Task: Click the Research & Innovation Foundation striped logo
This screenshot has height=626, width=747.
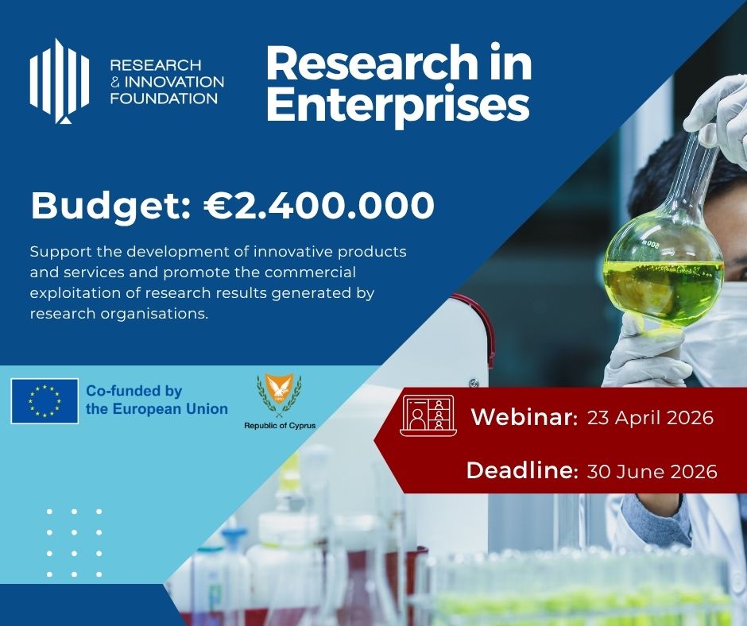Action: coord(60,81)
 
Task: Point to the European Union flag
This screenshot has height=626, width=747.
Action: coord(45,401)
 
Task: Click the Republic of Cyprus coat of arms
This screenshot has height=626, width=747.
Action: coord(279,395)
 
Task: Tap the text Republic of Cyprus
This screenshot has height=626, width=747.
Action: coord(280,426)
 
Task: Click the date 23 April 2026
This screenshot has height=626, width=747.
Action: coord(650,418)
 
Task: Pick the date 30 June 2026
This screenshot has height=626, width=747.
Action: coord(652,471)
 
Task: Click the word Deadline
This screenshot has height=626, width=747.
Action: coord(522,470)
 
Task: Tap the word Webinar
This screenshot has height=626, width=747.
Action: coord(524,417)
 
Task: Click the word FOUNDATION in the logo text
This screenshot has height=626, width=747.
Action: coord(164,99)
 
